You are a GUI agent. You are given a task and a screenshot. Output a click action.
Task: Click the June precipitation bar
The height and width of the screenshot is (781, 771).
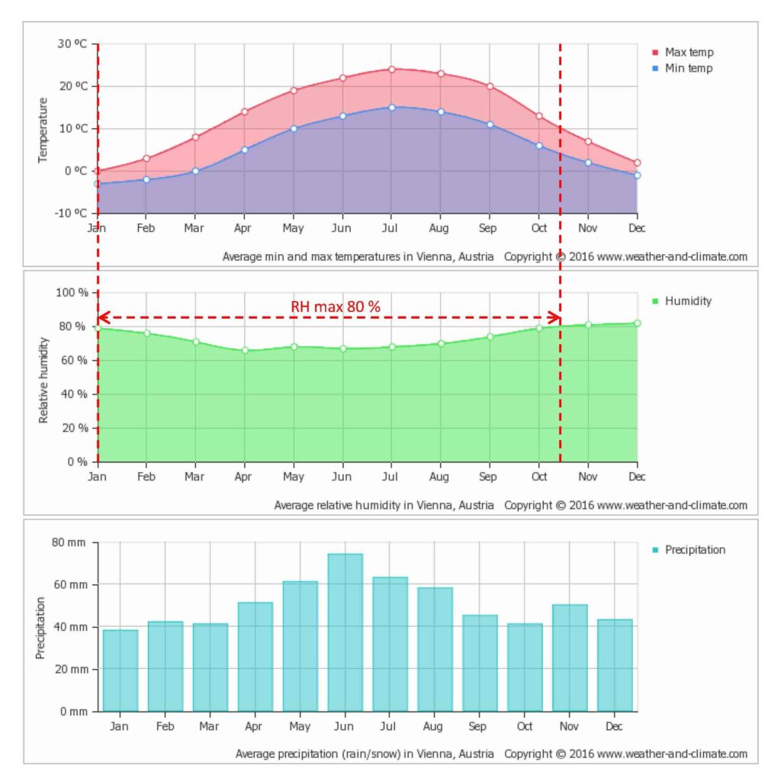(x=345, y=632)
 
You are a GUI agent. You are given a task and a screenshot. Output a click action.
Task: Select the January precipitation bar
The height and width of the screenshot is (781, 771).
(x=120, y=670)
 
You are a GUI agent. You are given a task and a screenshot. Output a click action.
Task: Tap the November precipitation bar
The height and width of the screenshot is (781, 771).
(x=570, y=657)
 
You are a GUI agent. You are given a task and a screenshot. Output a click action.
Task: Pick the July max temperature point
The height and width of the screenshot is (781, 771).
(x=391, y=69)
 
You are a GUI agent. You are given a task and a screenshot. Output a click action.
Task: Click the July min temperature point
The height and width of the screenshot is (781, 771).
(x=391, y=108)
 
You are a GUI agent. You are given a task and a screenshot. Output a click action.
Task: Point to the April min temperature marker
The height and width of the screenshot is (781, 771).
(x=244, y=149)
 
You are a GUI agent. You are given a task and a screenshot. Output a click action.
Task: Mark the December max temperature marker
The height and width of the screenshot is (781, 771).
(x=637, y=162)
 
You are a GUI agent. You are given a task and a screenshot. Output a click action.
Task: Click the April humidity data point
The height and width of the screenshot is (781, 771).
(x=244, y=350)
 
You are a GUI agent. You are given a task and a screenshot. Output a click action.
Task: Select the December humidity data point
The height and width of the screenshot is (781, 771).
(x=637, y=323)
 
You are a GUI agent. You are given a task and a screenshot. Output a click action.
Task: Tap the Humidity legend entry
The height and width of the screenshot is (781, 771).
(x=687, y=301)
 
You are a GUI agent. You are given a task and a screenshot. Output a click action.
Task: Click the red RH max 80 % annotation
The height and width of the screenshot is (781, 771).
(x=336, y=307)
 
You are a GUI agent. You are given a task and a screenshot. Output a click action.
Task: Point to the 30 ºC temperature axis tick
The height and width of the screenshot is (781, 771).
(x=72, y=43)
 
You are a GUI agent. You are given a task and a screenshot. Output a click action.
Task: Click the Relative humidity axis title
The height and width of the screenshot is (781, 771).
(x=43, y=378)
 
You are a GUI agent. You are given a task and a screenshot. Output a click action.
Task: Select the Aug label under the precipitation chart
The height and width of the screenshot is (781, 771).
(x=435, y=727)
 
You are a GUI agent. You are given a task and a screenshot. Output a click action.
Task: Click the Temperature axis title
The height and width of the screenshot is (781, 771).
(x=43, y=129)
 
